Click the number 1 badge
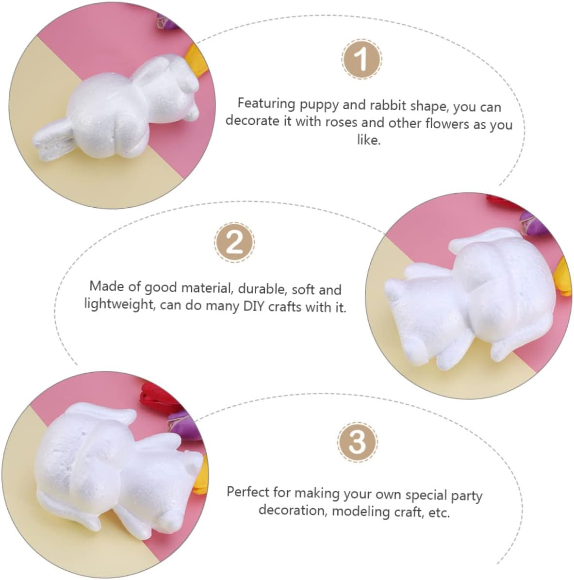361,59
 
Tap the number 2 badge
234,242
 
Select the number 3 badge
357,442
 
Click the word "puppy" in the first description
319,105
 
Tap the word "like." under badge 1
369,139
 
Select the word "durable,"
262,289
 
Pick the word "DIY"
254,307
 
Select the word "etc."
439,513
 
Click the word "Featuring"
266,104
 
